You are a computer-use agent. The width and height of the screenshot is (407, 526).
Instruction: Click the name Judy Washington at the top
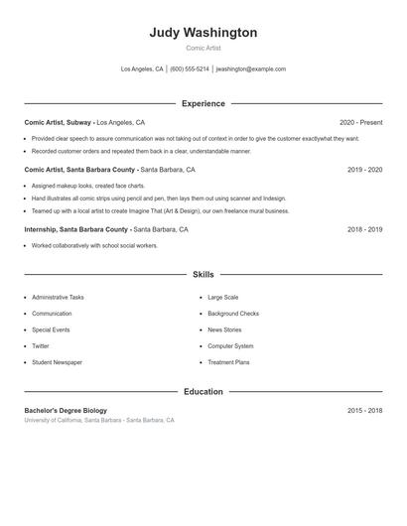(x=203, y=33)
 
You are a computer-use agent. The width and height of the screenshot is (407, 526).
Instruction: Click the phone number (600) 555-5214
(x=189, y=69)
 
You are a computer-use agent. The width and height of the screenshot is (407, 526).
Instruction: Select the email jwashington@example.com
(x=251, y=69)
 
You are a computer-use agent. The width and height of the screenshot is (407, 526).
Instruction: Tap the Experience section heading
(x=203, y=103)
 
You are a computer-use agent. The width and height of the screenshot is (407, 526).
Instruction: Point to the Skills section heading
(x=203, y=274)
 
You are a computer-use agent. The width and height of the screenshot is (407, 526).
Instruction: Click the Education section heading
(x=203, y=392)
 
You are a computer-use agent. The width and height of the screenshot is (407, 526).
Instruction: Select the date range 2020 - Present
(x=360, y=122)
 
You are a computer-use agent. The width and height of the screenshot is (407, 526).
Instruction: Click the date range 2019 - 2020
(x=364, y=170)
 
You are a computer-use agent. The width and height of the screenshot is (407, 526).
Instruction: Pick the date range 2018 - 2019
(x=364, y=229)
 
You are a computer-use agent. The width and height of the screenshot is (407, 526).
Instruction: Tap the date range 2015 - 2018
(x=364, y=410)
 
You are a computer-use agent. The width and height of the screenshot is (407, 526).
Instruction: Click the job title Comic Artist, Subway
(x=59, y=122)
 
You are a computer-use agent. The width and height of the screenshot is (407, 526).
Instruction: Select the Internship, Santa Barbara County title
(x=76, y=229)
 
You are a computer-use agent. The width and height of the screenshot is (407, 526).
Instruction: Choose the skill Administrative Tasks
(x=58, y=297)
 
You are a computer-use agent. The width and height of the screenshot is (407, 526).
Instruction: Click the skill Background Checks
(x=233, y=314)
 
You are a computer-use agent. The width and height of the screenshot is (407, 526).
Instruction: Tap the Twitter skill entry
(x=41, y=346)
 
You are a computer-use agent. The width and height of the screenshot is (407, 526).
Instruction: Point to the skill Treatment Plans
(x=228, y=362)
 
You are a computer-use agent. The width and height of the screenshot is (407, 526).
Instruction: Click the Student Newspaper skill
(x=57, y=362)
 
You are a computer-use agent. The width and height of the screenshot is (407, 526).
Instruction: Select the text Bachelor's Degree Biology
(x=66, y=410)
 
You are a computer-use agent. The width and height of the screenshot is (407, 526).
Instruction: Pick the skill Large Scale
(x=222, y=297)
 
